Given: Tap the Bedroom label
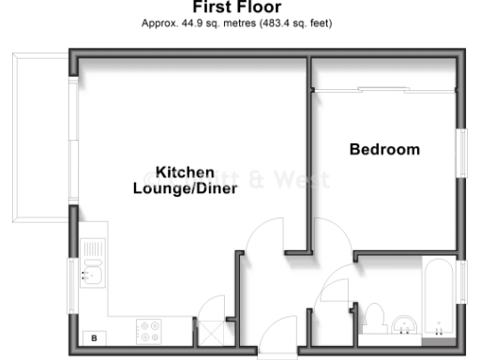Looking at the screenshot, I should tap(384, 149).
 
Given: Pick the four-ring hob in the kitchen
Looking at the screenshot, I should tap(149, 331).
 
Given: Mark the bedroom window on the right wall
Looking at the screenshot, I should tap(461, 150).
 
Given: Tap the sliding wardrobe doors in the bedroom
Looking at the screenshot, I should tap(384, 90).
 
